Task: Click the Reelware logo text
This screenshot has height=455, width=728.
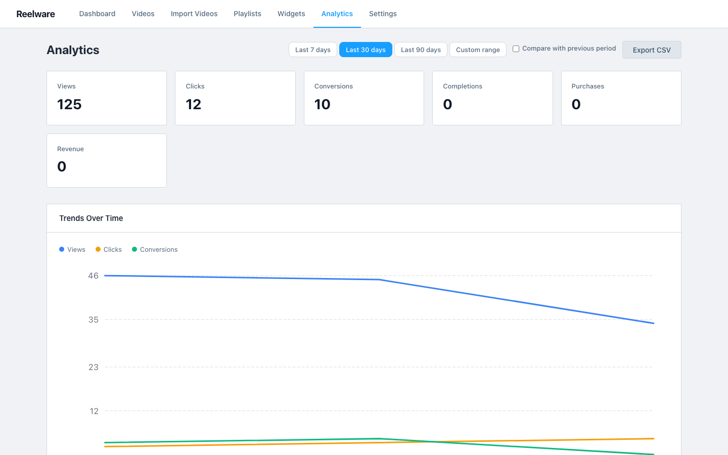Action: pyautogui.click(x=35, y=14)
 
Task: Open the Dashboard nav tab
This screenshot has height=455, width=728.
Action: pyautogui.click(x=97, y=14)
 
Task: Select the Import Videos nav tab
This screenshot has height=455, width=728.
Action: pyautogui.click(x=194, y=14)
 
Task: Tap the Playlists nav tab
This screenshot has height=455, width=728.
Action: pyautogui.click(x=247, y=14)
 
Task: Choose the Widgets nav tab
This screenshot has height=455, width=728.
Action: pyautogui.click(x=291, y=14)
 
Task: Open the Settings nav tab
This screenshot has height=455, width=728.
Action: pyautogui.click(x=383, y=14)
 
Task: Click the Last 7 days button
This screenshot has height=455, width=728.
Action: pyautogui.click(x=312, y=50)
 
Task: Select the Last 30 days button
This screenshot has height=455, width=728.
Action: pyautogui.click(x=366, y=50)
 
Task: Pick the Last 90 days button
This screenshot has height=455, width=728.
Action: pyautogui.click(x=421, y=50)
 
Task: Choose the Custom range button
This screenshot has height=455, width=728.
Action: pyautogui.click(x=478, y=50)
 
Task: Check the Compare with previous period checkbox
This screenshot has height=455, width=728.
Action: pyautogui.click(x=516, y=49)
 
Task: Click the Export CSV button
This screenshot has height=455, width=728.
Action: pyautogui.click(x=652, y=50)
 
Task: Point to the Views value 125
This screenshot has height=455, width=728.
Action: pyautogui.click(x=69, y=104)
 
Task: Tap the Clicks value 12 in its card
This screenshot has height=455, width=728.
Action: pyautogui.click(x=194, y=104)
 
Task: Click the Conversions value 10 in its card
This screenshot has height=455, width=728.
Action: pyautogui.click(x=323, y=104)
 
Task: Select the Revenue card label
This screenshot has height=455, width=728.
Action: pyautogui.click(x=70, y=149)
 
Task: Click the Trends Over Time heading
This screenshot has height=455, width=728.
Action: pyautogui.click(x=91, y=218)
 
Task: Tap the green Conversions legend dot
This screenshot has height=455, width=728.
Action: pyautogui.click(x=134, y=249)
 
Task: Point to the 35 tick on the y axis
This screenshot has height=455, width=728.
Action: pyautogui.click(x=94, y=320)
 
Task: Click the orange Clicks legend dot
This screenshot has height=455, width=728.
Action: pyautogui.click(x=98, y=249)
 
